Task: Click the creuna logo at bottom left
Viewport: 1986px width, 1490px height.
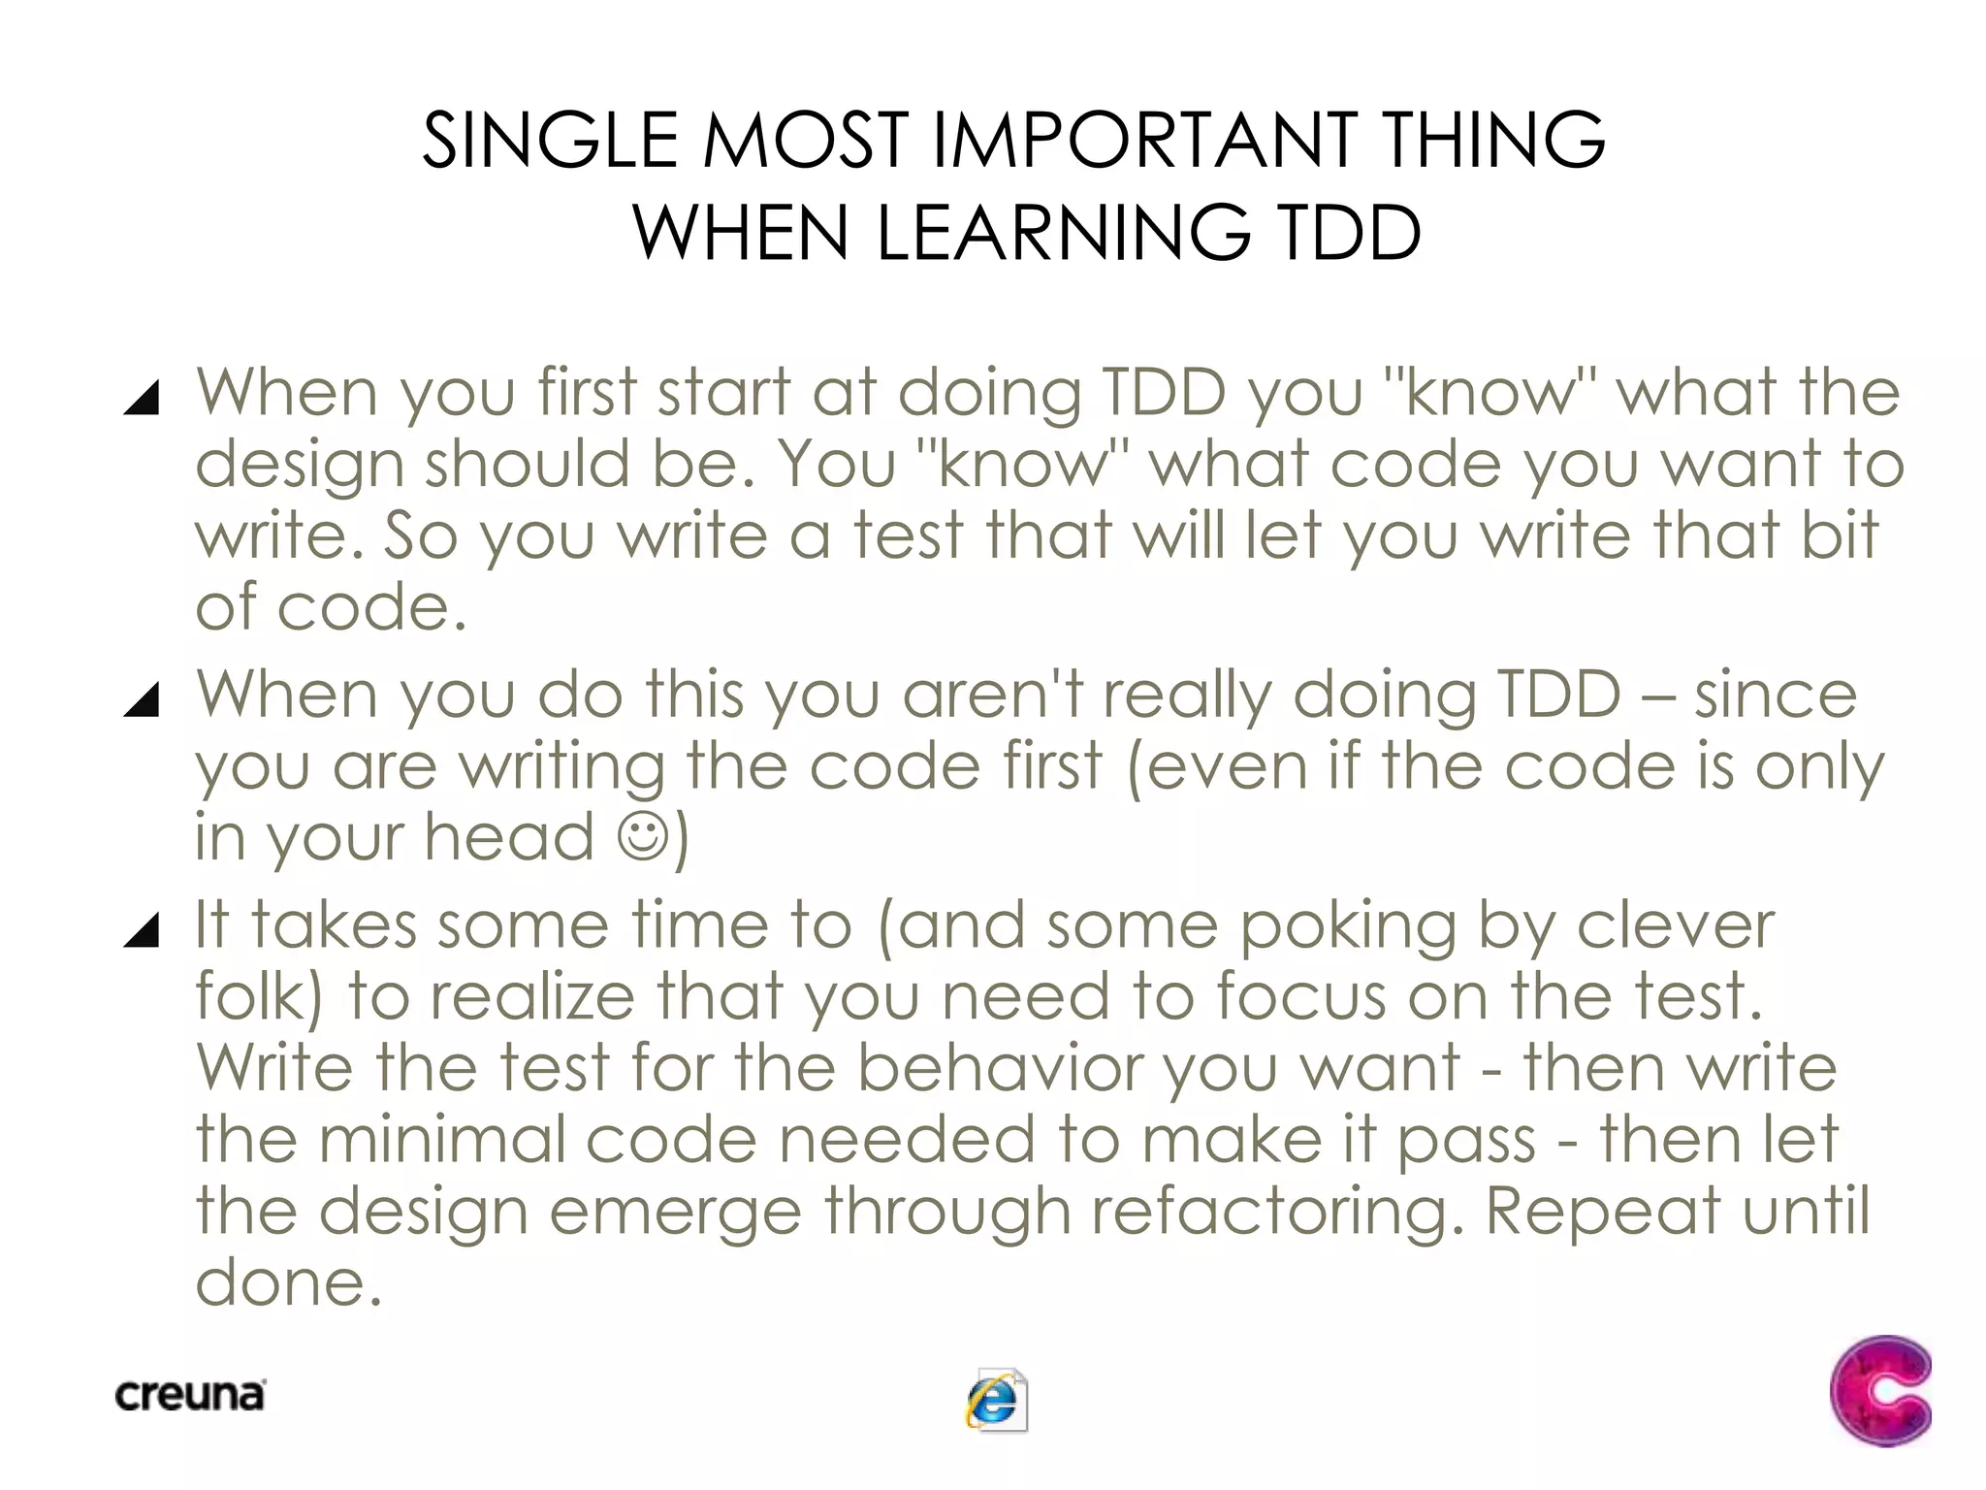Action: tap(190, 1396)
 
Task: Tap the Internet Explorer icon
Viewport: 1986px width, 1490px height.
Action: tap(996, 1400)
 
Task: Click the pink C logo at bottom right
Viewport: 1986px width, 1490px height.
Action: tap(1879, 1390)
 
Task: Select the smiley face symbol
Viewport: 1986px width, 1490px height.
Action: tap(644, 836)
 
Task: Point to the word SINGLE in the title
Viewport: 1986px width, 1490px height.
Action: tap(550, 142)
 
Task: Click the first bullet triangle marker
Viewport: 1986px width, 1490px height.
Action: tap(142, 398)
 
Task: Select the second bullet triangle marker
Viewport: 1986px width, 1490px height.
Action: tap(142, 699)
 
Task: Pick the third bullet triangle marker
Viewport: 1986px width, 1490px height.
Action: tap(142, 929)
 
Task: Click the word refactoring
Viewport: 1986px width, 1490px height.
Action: tap(1277, 1212)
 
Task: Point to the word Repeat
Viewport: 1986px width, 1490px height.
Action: tap(1602, 1212)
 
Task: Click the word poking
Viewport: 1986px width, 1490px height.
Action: tap(1348, 927)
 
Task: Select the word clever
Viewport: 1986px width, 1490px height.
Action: tap(1675, 925)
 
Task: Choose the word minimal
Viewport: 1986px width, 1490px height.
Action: tap(442, 1140)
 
